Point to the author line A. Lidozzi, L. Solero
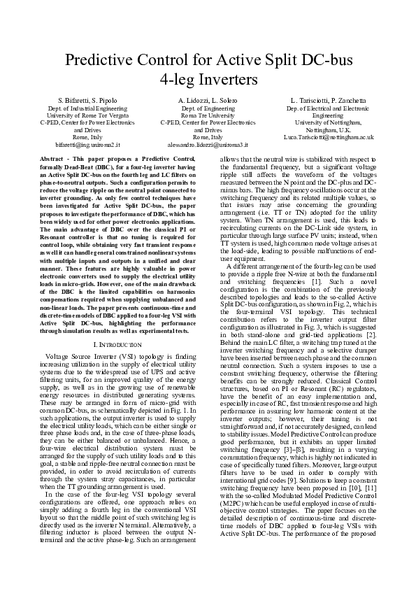tap(208, 101)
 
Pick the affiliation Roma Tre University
tap(208, 115)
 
